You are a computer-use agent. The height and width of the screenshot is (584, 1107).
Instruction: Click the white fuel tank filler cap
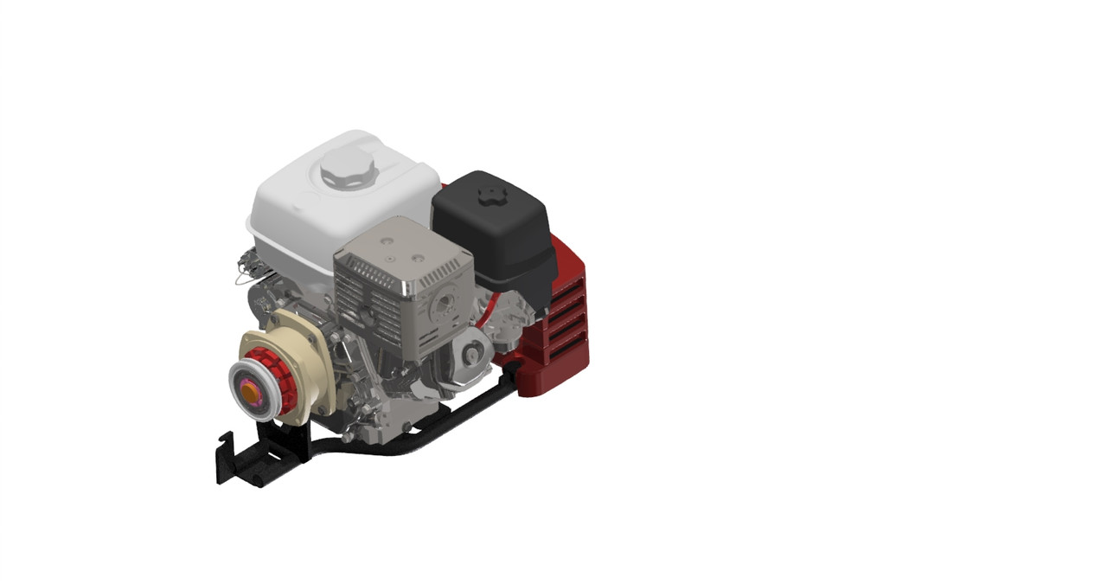tap(347, 166)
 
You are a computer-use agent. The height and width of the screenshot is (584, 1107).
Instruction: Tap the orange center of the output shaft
tap(249, 392)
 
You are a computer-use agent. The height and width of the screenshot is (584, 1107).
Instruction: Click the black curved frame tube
tap(415, 428)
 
